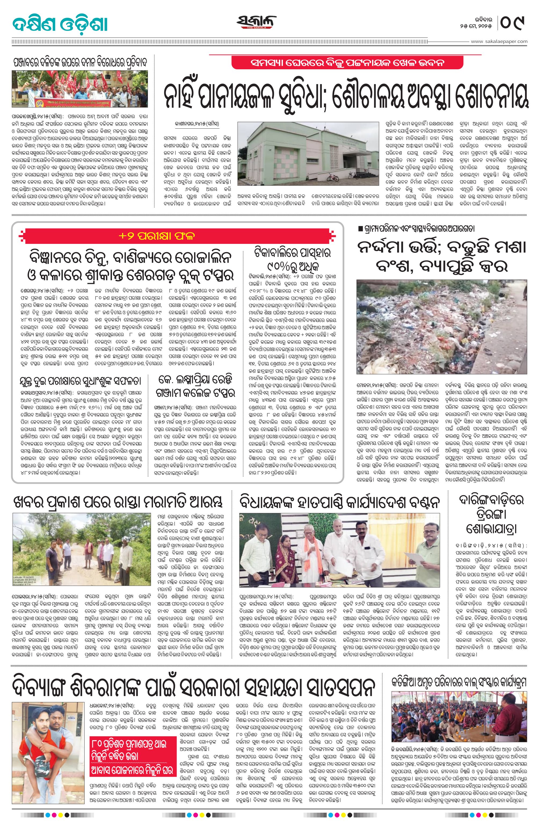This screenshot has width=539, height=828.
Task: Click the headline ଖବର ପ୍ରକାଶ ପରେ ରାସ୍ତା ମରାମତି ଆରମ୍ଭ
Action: pyautogui.click(x=117, y=502)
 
